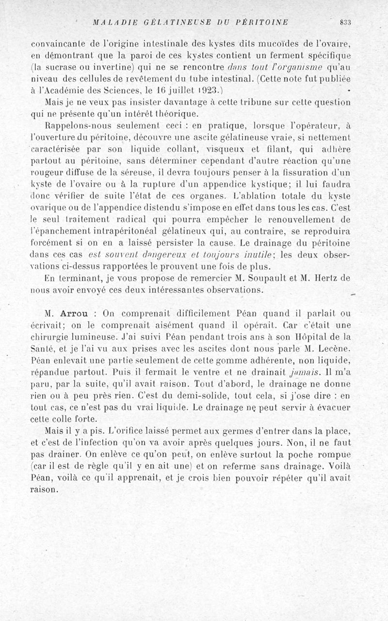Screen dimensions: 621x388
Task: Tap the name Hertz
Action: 330,278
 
